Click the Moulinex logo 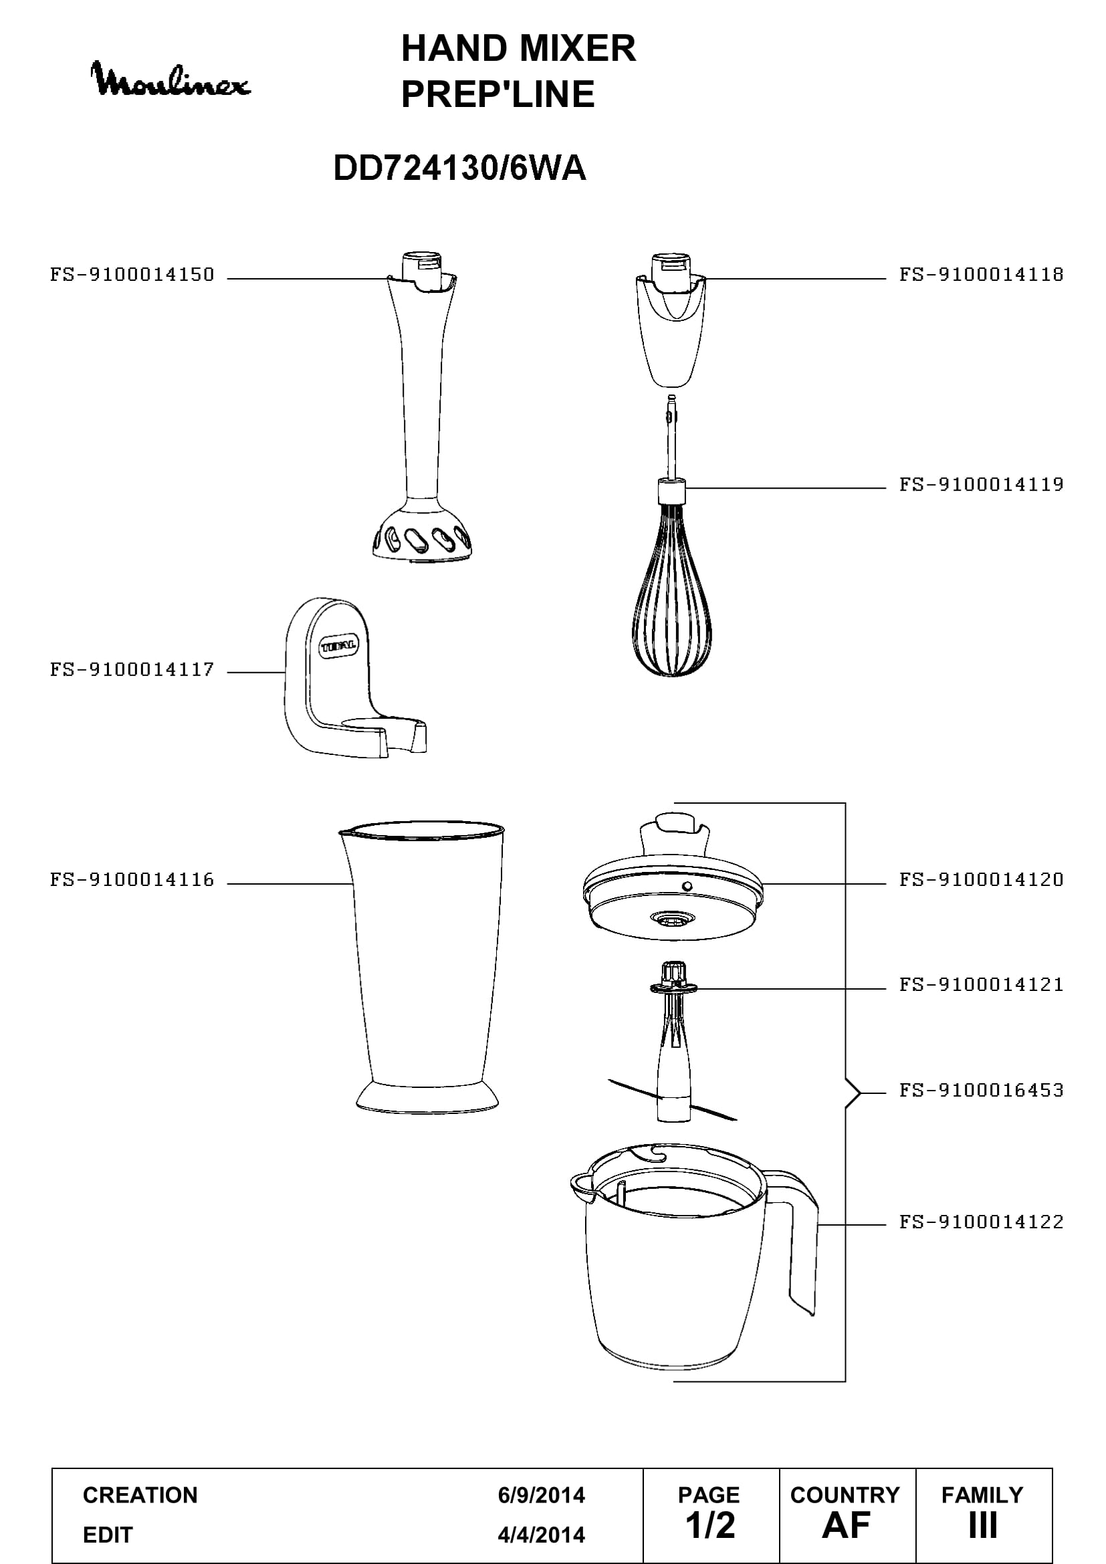tap(171, 80)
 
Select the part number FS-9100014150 tap(132, 275)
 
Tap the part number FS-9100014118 tap(982, 275)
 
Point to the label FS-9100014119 tap(982, 484)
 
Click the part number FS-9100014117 tap(132, 669)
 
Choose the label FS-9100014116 tap(132, 879)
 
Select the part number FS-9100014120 tap(982, 879)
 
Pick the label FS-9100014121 tap(982, 984)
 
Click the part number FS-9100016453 tap(982, 1090)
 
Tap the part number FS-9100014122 tap(982, 1222)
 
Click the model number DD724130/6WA tap(459, 168)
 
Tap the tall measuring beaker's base tap(427, 1097)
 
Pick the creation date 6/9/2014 tap(542, 1495)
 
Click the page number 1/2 tap(710, 1525)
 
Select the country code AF tap(846, 1525)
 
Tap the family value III tap(983, 1525)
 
